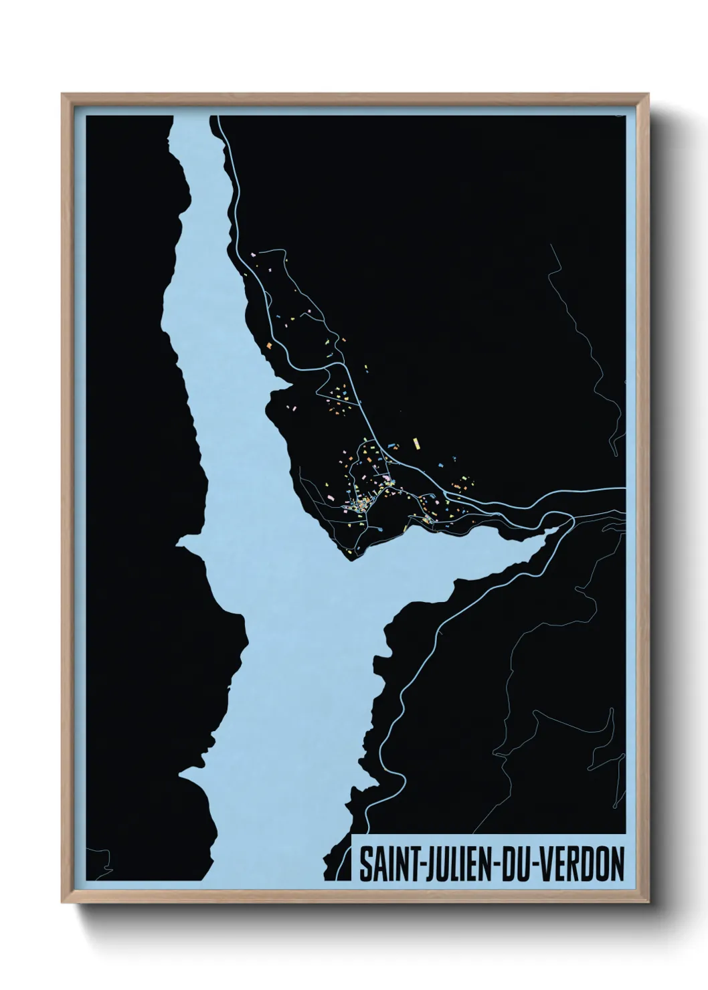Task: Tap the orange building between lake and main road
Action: click(269, 345)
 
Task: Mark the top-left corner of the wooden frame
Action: click(62, 94)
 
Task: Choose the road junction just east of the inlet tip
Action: click(572, 518)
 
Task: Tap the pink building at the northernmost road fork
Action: click(254, 254)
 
